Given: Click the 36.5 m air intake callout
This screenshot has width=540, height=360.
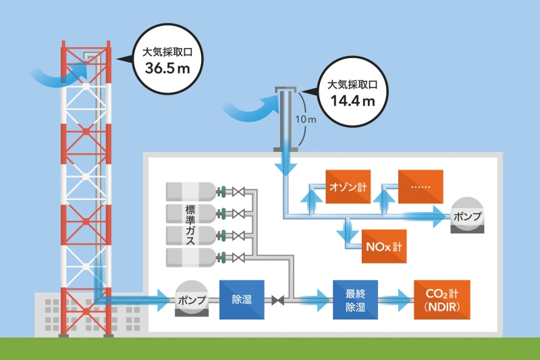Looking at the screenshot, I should tap(167, 58).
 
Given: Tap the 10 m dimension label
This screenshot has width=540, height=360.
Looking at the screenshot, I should tap(307, 120).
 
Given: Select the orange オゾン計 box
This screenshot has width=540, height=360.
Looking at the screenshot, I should tap(348, 186).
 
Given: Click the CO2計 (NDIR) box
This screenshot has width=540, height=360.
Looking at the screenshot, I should tap(442, 301).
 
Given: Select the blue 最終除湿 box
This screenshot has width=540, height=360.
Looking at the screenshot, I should tap(355, 301).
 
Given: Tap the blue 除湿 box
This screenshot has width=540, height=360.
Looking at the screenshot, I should tap(242, 299).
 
